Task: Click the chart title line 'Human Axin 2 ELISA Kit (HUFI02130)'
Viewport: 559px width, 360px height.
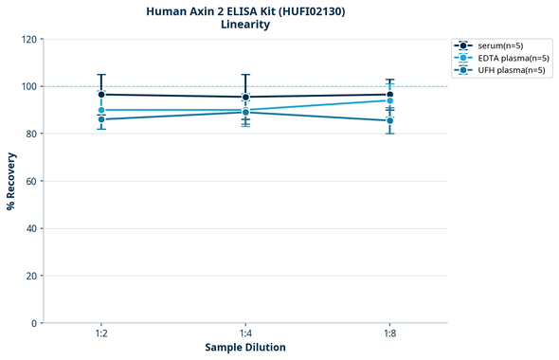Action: click(245, 10)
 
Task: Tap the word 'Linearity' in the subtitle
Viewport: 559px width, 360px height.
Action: click(245, 25)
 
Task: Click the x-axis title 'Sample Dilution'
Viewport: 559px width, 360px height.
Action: click(245, 348)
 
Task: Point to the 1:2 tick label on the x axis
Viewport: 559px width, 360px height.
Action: click(101, 333)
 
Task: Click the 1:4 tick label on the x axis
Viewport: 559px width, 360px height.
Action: click(245, 333)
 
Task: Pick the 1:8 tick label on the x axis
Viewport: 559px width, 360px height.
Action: click(390, 333)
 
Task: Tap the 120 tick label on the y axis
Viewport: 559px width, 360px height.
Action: click(28, 39)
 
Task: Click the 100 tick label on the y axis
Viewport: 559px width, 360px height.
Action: click(28, 86)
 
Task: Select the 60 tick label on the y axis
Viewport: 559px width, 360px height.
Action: click(31, 181)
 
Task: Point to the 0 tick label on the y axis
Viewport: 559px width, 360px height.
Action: click(34, 323)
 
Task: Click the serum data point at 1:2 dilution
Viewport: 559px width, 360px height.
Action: click(101, 95)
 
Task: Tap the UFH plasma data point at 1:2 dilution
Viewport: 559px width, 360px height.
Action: click(101, 119)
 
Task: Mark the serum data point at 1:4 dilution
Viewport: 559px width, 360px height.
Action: click(245, 97)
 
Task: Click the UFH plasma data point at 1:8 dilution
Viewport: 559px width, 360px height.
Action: click(390, 120)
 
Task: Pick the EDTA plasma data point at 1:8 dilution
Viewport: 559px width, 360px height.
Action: click(390, 100)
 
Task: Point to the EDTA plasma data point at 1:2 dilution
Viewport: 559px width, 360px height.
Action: click(101, 110)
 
